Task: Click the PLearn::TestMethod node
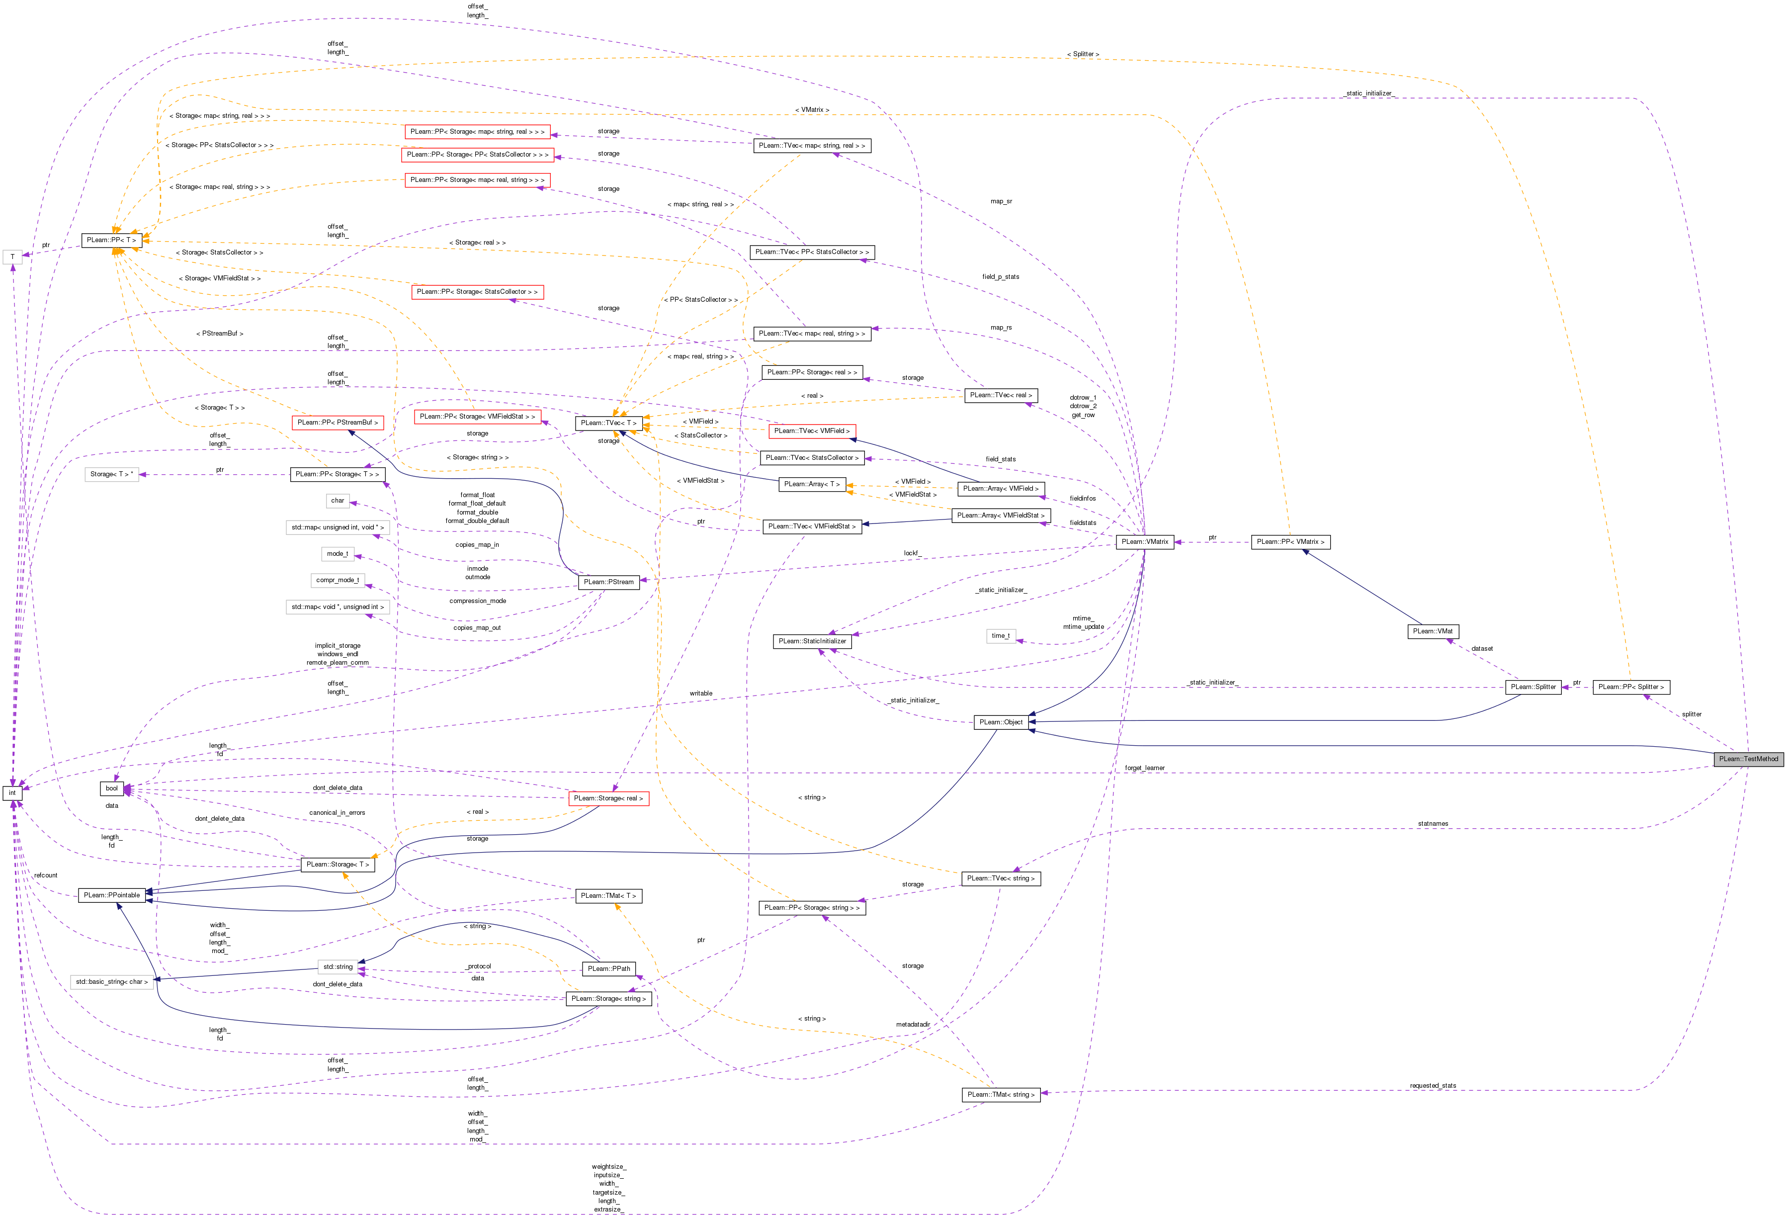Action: tap(1748, 759)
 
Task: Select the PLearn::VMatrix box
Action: tap(1144, 542)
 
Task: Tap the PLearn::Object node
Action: tap(1001, 722)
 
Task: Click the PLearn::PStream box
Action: tap(608, 582)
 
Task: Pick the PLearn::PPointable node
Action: tap(111, 895)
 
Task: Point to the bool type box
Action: tap(111, 788)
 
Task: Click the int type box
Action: tap(12, 792)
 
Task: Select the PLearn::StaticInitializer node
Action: tap(812, 641)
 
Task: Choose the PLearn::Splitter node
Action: tap(1532, 687)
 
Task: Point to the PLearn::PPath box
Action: tap(608, 969)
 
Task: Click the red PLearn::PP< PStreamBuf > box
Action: tap(338, 422)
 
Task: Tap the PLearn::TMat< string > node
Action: tap(1001, 1094)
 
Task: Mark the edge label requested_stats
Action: tap(1433, 1086)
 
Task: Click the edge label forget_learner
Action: tap(1144, 768)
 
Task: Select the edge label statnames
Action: tap(1433, 823)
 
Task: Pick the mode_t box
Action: tap(337, 553)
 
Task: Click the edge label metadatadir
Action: tap(913, 1024)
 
